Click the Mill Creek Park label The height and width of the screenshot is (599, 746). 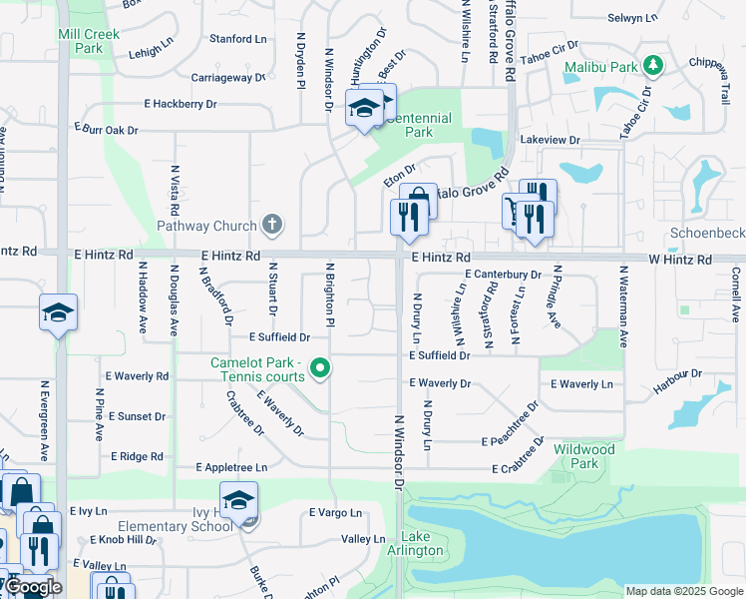click(89, 41)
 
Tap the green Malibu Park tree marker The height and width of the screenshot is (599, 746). click(653, 66)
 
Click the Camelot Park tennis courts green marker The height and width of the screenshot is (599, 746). click(320, 369)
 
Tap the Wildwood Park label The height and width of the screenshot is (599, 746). click(583, 456)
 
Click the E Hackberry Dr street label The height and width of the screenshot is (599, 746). click(181, 104)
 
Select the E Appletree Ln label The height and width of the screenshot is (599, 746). click(232, 467)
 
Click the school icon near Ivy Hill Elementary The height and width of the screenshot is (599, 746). click(239, 499)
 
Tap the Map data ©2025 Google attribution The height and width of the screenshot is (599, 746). click(683, 591)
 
